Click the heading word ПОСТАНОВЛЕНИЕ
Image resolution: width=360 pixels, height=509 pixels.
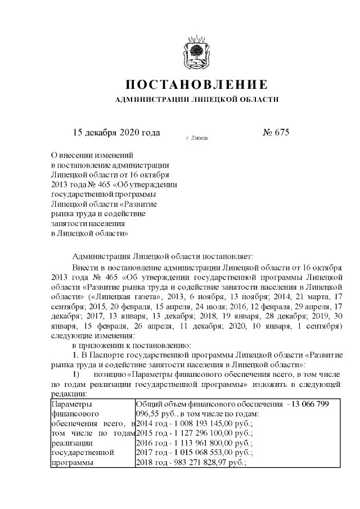tap(196, 85)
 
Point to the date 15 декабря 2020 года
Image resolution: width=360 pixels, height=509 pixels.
tap(117, 133)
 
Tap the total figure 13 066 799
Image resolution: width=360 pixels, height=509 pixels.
tap(307, 404)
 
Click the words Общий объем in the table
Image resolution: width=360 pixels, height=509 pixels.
tap(161, 404)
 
